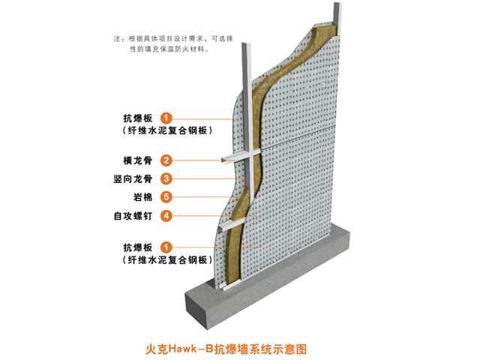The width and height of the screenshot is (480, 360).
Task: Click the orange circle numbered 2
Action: pos(166,160)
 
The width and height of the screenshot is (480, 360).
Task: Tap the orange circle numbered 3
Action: pos(166,178)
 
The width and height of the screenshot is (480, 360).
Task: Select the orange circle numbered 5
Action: pos(166,196)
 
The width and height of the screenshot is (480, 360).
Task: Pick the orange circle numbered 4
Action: pos(166,216)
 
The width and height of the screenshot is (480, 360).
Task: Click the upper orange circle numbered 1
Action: pos(166,118)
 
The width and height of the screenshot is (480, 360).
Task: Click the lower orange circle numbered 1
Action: pos(166,247)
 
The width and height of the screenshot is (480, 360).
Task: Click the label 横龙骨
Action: pos(138,160)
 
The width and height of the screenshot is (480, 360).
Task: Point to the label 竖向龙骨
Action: pos(133,178)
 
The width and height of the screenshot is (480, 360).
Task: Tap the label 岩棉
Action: pos(142,196)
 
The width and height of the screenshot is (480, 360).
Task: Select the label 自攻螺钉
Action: pos(133,216)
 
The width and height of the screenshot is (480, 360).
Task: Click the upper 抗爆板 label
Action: pos(138,118)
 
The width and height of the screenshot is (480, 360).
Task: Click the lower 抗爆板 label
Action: pos(138,247)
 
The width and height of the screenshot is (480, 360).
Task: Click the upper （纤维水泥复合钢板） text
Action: pos(167,130)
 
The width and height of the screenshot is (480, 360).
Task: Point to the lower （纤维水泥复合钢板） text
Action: pos(167,260)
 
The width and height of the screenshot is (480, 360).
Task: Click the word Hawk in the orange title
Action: pos(182,349)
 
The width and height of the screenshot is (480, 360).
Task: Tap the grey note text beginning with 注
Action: pos(173,43)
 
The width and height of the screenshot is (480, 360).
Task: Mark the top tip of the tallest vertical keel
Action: pos(337,3)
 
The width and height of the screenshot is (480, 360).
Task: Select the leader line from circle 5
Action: pos(208,196)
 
